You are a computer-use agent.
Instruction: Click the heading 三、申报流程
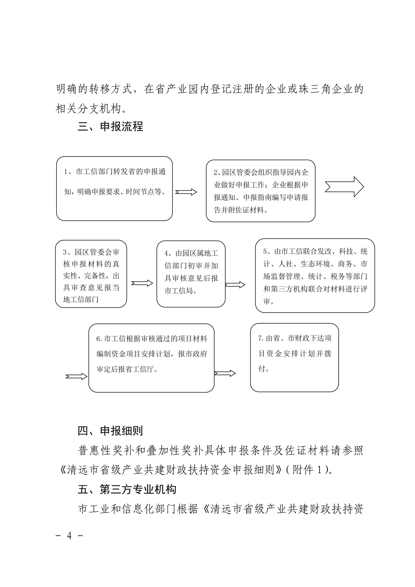110,127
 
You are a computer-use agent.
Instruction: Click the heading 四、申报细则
110,431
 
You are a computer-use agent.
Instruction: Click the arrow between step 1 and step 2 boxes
186,192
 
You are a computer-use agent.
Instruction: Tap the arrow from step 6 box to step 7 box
225,373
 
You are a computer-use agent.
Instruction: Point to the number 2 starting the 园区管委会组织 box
216,173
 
